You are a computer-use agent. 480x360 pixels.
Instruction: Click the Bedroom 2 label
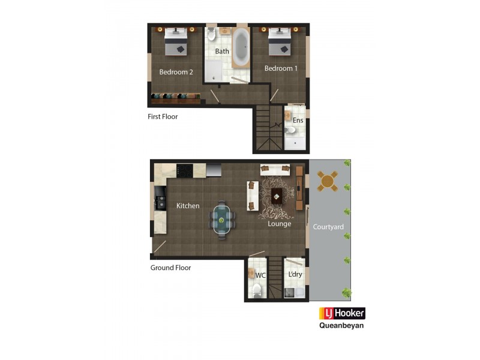point(176,72)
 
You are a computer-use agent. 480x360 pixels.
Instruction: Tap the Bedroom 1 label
point(281,68)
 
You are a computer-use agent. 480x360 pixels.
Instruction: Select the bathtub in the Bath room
point(241,46)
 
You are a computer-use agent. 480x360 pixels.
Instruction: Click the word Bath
point(222,52)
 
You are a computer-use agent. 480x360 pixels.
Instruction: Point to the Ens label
point(298,121)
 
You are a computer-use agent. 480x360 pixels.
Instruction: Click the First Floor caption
point(163,116)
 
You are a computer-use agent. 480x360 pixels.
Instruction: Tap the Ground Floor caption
point(170,268)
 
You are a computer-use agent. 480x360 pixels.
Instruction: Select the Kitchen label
point(188,206)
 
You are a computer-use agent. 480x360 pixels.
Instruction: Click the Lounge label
point(280,224)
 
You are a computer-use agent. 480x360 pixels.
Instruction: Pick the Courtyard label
point(328,227)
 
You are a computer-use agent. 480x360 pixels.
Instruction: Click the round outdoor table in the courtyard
point(328,180)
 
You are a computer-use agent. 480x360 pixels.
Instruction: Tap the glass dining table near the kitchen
point(222,220)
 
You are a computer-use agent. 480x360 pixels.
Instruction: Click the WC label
point(260,275)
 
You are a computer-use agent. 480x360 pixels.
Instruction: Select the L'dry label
point(295,275)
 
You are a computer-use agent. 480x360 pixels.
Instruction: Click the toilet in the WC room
point(257,292)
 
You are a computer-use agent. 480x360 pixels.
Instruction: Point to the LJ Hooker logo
point(341,313)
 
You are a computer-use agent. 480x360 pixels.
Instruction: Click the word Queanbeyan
point(341,326)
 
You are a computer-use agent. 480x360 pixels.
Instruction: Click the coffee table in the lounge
point(277,194)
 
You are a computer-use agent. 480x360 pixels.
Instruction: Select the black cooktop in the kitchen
point(185,170)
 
